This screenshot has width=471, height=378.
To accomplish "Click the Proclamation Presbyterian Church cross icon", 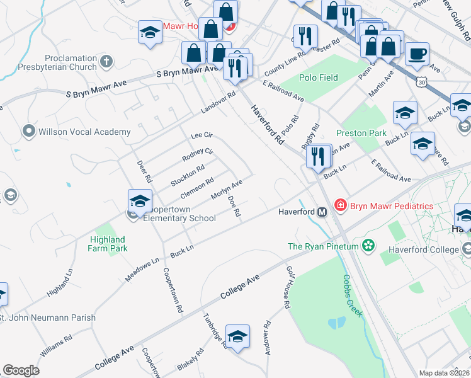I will pyautogui.click(x=106, y=61).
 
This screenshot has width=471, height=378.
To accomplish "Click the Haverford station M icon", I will pyautogui.click(x=321, y=212).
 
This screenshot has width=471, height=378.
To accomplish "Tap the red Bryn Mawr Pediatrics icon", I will pyautogui.click(x=340, y=205).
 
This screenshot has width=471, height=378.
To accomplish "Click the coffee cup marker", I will pyautogui.click(x=417, y=54).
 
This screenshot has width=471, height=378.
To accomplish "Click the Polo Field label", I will pyautogui.click(x=319, y=78).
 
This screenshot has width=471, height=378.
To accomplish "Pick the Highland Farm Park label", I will pyautogui.click(x=107, y=244).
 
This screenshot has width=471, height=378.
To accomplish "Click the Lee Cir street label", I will pyautogui.click(x=202, y=135).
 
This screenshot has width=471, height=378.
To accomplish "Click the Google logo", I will pyautogui.click(x=21, y=370).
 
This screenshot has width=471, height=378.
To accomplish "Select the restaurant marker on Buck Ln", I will pyautogui.click(x=319, y=156).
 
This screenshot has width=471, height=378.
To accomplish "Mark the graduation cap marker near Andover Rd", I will pyautogui.click(x=237, y=338).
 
